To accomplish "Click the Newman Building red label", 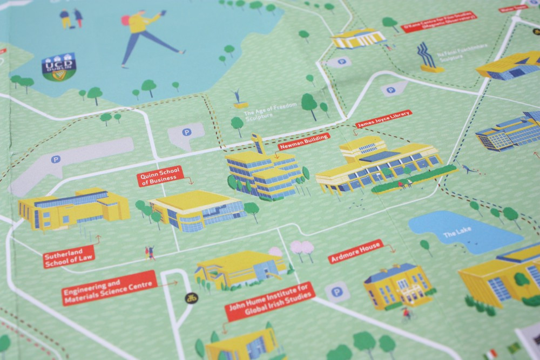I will click(303, 141).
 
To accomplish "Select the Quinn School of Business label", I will click(160, 176).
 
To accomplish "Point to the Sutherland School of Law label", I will click(68, 256).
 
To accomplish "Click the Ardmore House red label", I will click(355, 252).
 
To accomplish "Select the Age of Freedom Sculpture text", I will click(271, 110).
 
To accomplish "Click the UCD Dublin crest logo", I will click(59, 66).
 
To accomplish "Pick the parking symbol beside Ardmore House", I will click(337, 292).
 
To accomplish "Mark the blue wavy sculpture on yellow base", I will click(428, 57).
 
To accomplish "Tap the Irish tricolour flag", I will click(490, 354).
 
